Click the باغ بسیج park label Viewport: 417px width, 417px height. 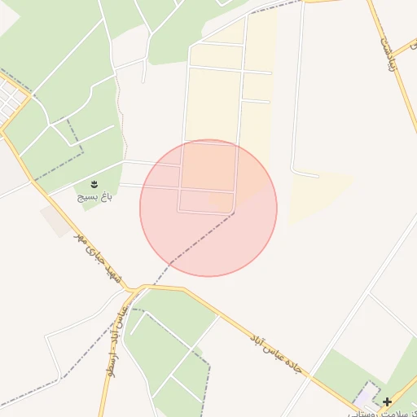tap(94, 196)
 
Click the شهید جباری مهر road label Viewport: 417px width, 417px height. tap(98, 258)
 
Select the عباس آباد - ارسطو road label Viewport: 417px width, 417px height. tap(114, 341)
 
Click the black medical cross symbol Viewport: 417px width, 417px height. tap(387, 402)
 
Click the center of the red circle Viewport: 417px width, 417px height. tap(208, 208)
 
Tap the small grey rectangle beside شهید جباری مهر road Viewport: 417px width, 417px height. tap(56, 220)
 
